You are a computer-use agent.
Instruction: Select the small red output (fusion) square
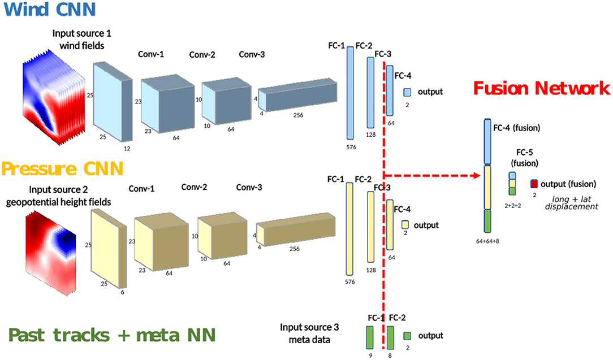tap(534, 184)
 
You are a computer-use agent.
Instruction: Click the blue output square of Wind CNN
tap(407, 92)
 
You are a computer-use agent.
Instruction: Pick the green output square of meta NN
tap(407, 336)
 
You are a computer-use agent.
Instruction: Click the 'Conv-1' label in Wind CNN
tap(151, 54)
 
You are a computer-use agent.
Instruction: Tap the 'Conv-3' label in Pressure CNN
tap(249, 187)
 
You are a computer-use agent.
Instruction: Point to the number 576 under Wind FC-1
tap(351, 146)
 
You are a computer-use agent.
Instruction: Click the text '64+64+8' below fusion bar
tap(490, 240)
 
